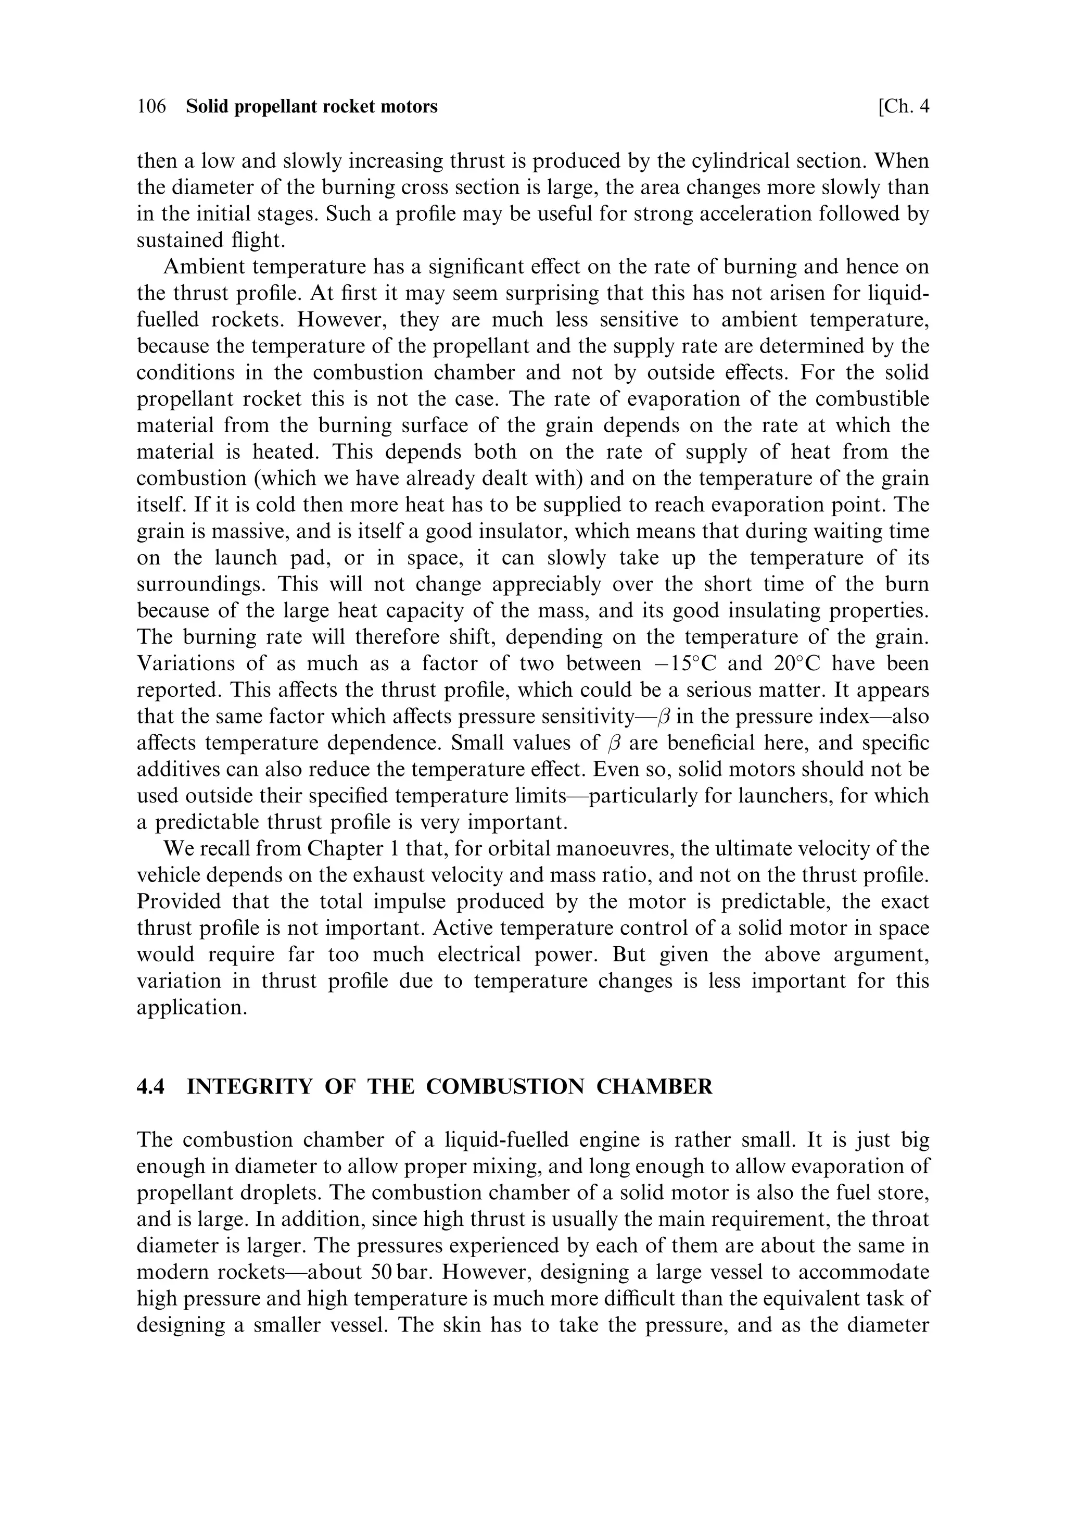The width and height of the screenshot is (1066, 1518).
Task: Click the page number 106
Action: click(151, 106)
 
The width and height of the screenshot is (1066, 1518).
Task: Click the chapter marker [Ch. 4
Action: click(904, 106)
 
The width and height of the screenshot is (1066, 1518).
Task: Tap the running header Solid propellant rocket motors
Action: click(312, 106)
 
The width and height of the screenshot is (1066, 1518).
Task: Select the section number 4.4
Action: click(150, 1087)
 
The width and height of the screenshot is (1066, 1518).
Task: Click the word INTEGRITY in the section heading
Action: click(249, 1087)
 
